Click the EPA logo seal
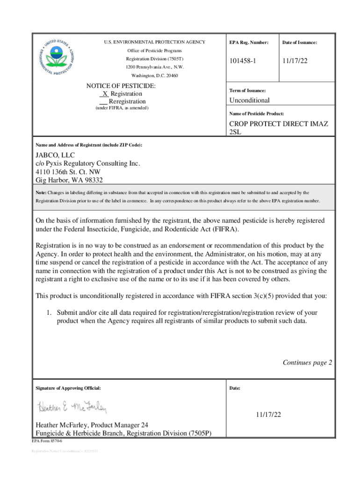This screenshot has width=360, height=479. [x=58, y=58]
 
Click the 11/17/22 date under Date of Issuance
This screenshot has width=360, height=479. [x=295, y=62]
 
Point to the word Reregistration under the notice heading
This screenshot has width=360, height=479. [x=127, y=102]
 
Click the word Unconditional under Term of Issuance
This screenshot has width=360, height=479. [x=249, y=100]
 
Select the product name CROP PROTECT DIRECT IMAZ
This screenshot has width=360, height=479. [x=278, y=124]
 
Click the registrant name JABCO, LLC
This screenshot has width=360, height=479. [x=55, y=155]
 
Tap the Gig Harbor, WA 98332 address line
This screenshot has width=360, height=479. [x=69, y=180]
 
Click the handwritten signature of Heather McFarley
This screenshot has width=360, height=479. [x=72, y=407]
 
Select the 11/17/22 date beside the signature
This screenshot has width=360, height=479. [x=268, y=414]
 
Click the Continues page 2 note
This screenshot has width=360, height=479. [x=307, y=363]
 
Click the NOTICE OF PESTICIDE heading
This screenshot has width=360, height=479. [x=121, y=86]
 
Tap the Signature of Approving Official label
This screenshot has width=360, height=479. [x=68, y=388]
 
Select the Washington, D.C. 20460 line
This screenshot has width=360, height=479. [x=154, y=76]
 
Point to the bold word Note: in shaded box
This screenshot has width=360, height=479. [x=41, y=192]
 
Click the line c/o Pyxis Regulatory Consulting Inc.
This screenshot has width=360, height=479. [x=88, y=164]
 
